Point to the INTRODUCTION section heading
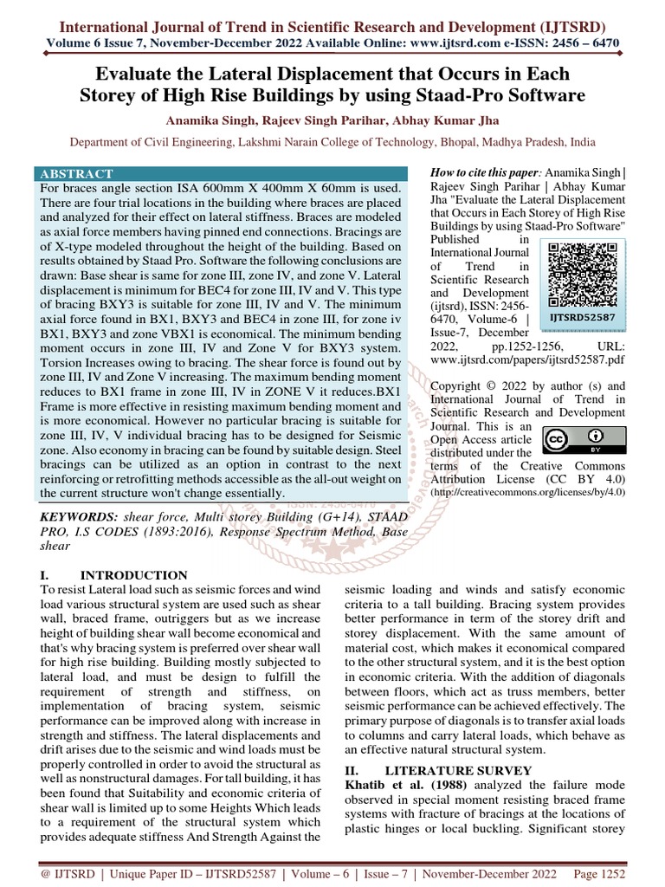click(133, 574)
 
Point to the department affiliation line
click(332, 141)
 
